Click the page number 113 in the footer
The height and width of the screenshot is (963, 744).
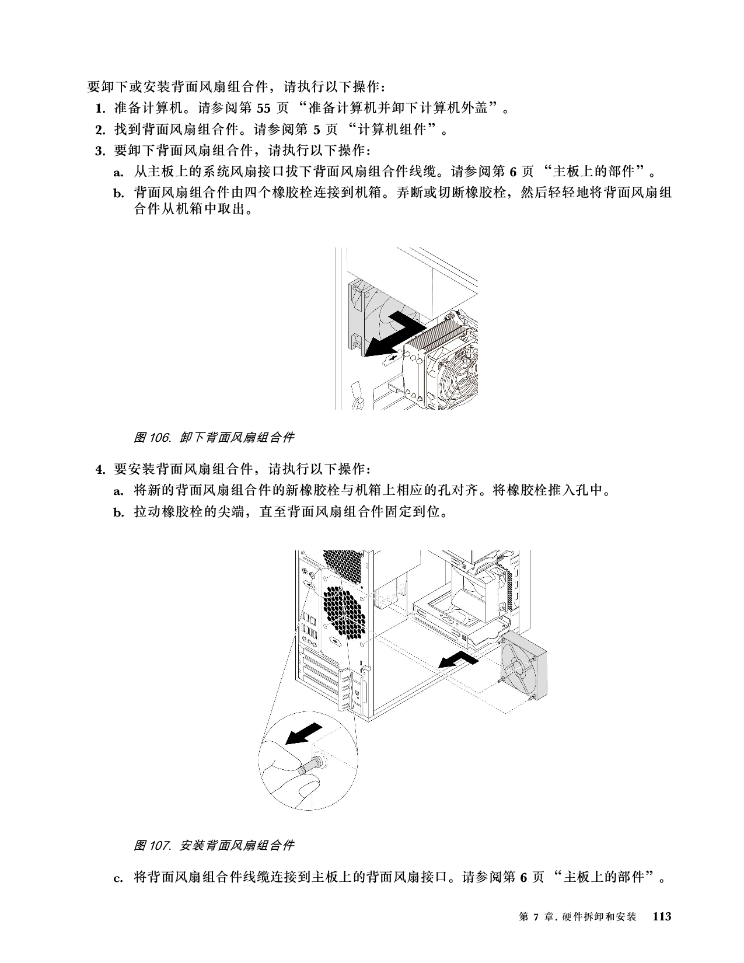[662, 916]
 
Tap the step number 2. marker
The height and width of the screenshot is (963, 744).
[100, 130]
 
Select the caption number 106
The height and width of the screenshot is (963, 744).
[160, 438]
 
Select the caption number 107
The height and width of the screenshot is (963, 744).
[160, 846]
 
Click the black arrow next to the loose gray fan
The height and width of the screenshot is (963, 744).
[458, 662]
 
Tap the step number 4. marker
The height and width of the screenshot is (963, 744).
[100, 470]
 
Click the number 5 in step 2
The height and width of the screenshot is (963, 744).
[316, 130]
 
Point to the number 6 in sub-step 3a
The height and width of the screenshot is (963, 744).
[513, 172]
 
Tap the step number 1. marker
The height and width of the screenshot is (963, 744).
[100, 108]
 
